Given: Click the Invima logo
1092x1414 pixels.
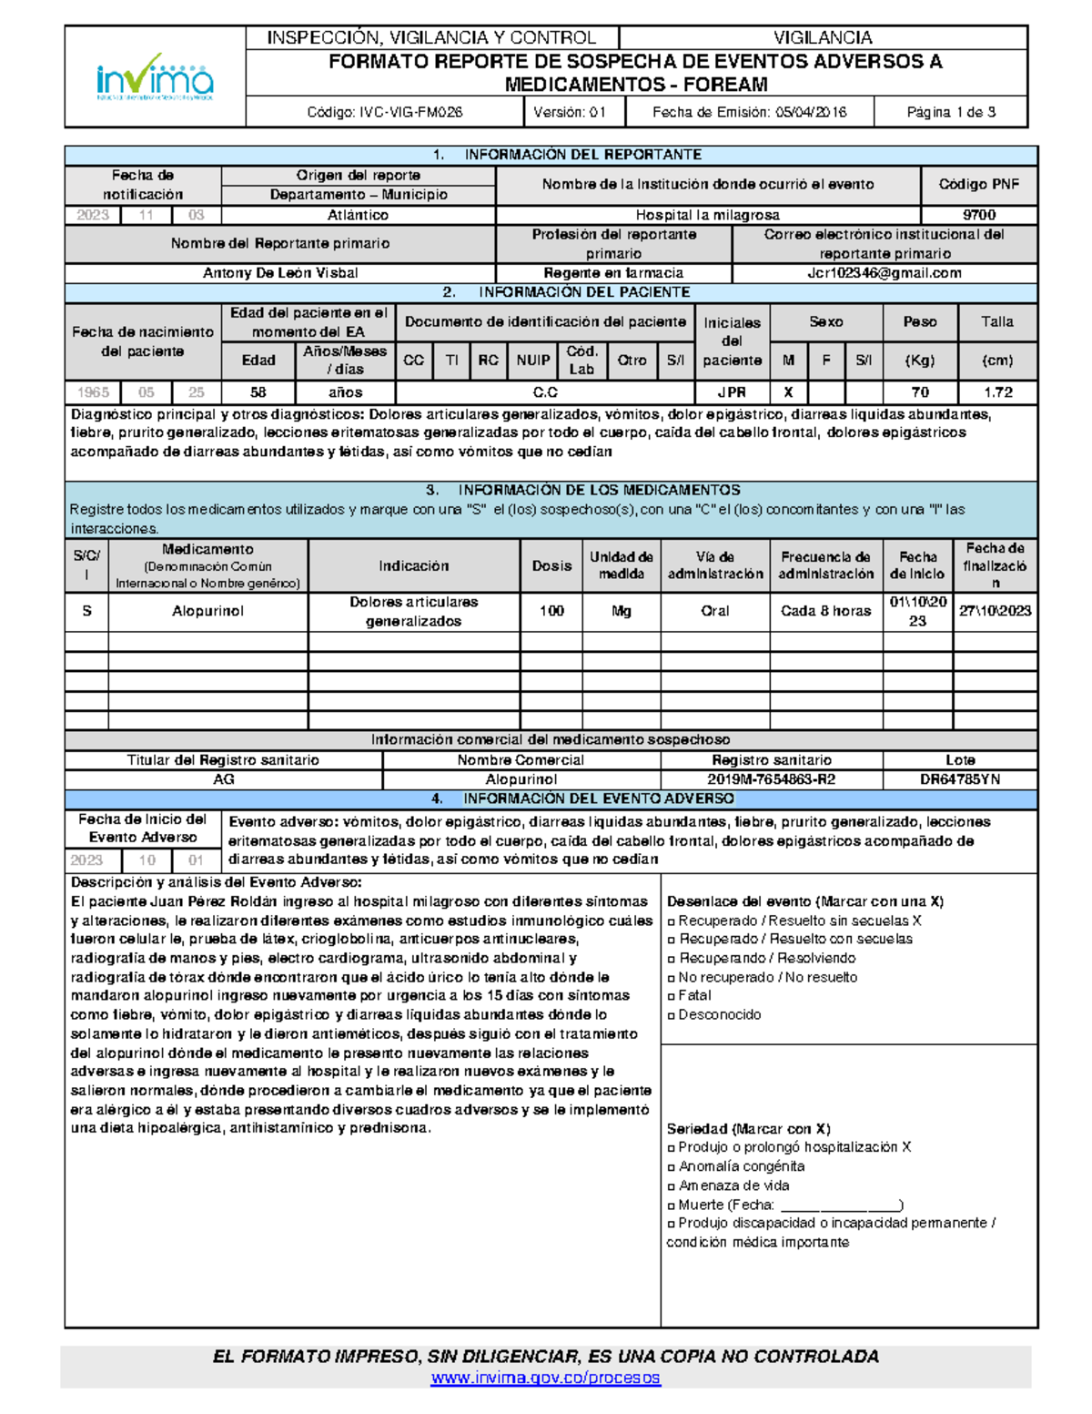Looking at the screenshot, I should coord(155,76).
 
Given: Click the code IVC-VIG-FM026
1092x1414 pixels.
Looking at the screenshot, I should coord(384,112).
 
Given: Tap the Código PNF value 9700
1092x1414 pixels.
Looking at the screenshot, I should coord(978,215).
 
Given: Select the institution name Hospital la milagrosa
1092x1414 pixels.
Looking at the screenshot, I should coord(707,215).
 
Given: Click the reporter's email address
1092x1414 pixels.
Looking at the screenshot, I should coord(884,273).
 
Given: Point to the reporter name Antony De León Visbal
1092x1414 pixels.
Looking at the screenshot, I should coord(280,273).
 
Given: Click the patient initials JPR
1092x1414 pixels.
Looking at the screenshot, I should coord(732,392).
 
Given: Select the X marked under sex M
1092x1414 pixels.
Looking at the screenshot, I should coord(788,392).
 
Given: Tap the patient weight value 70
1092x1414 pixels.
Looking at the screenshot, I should coord(919,392).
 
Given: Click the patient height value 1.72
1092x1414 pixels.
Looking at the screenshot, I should coord(996,392).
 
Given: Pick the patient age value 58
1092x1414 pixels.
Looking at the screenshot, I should coord(258,392).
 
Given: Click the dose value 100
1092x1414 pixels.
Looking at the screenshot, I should coord(551,611).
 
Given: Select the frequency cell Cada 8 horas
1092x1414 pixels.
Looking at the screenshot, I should coord(825,611).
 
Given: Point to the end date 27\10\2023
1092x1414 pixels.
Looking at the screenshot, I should coord(995,611).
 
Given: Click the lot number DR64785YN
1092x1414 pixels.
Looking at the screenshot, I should coord(959,779).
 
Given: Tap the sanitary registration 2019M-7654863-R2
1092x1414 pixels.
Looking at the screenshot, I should coord(771,779).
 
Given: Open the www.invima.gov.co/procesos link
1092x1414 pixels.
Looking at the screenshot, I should coord(545,1378).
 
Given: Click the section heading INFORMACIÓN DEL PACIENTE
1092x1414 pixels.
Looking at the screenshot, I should coord(583,292).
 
